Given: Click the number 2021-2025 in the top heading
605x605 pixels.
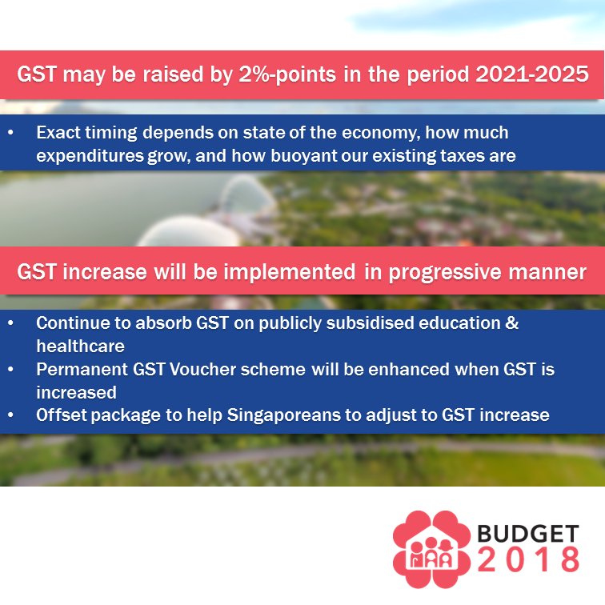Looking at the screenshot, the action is click(532, 74).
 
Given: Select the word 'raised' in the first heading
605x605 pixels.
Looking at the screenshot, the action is click(173, 74).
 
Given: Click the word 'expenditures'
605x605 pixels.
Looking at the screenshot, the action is click(90, 156).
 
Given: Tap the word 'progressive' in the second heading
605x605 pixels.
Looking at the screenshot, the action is click(444, 272).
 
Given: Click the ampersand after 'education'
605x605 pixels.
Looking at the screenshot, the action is click(512, 323).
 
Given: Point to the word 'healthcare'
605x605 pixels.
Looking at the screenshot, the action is click(80, 346).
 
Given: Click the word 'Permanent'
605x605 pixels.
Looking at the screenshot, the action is click(82, 369).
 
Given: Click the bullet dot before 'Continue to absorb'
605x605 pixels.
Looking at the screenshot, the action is click(10, 323).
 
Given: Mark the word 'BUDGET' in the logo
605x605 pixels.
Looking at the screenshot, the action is click(528, 534).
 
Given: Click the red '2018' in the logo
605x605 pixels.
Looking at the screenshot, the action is click(529, 559).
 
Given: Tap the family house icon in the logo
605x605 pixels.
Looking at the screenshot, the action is click(431, 550).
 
